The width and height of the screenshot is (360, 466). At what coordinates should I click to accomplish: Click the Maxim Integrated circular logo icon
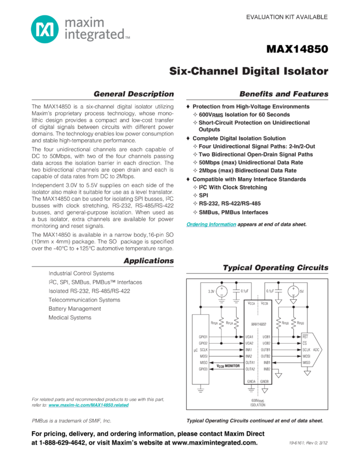pos(43,29)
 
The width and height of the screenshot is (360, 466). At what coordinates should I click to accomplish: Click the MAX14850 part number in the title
pos(297,49)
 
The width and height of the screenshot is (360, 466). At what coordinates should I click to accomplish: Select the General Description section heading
pos(133,94)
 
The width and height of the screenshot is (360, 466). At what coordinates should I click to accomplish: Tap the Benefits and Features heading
pos(284,94)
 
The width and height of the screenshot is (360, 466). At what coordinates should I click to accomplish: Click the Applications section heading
pos(148,260)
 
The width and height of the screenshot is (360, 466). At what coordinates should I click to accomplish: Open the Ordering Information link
pos(212,224)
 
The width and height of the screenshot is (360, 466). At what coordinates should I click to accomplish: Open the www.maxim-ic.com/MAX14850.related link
pos(88,405)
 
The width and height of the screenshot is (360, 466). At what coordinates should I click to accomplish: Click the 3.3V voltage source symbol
pos(221,292)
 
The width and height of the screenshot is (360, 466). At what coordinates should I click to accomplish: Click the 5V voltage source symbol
pos(293,291)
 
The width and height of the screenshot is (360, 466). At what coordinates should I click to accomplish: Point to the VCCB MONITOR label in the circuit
pos(227,365)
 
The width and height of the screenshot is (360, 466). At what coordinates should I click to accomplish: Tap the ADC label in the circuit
pos(317,349)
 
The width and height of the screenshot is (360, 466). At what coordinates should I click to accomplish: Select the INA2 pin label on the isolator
pos(249,356)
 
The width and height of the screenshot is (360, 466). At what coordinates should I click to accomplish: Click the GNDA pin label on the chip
pos(251,380)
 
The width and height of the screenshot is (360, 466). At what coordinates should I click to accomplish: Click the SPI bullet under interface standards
pos(203,195)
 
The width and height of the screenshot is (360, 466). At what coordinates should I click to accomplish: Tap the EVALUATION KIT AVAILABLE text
pos(287,17)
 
